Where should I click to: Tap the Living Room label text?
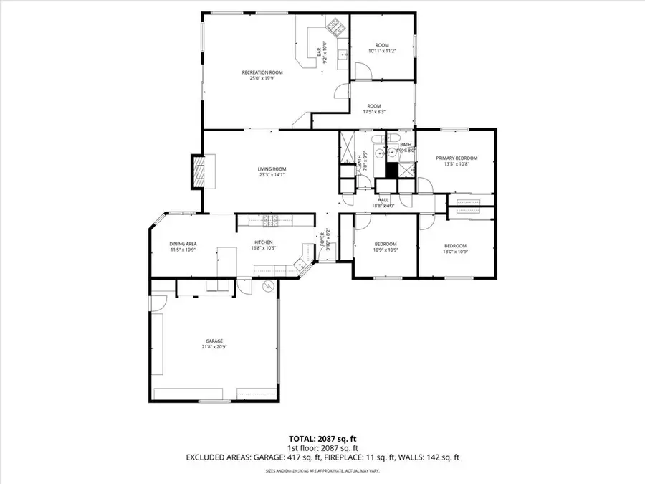click(x=272, y=169)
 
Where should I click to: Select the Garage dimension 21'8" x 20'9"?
click(x=214, y=347)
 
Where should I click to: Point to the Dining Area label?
click(x=183, y=244)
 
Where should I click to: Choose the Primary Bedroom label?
click(x=457, y=158)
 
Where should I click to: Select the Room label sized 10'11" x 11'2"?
click(x=382, y=46)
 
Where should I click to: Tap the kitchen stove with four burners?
click(x=269, y=220)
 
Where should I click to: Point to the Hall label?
click(x=383, y=200)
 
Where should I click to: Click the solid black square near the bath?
click(x=391, y=171)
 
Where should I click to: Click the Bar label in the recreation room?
click(x=319, y=52)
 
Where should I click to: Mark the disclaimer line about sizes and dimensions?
click(x=322, y=470)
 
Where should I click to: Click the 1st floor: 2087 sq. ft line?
click(x=322, y=447)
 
